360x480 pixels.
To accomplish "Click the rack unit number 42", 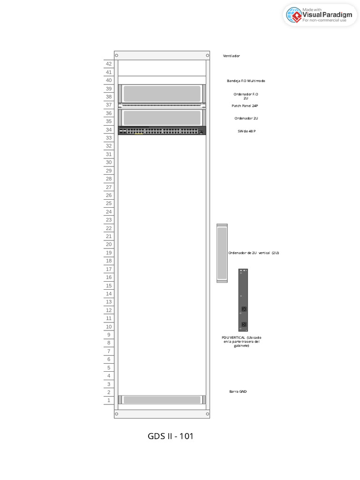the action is tap(109, 64).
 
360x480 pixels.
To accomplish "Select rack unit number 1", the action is tap(109, 400).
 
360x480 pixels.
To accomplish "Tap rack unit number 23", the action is tap(109, 220).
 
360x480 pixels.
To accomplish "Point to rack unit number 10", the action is tap(109, 327).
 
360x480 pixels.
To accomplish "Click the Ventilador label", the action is tap(231, 56).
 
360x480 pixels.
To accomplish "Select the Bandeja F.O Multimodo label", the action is tap(246, 81).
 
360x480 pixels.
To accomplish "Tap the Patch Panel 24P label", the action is tap(244, 106).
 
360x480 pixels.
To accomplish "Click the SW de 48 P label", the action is tap(247, 131).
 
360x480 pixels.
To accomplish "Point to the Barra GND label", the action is tap(238, 391).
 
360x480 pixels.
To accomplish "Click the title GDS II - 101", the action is tap(170, 436).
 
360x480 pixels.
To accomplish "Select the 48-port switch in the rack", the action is tap(162, 131).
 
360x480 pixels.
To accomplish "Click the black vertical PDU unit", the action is tap(243, 300).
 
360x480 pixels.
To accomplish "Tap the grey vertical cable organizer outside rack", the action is tap(222, 253).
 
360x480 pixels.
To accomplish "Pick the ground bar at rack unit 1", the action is tap(162, 400).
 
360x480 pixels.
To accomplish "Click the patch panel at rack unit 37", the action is tap(162, 105).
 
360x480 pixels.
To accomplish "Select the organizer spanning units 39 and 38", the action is tap(162, 93).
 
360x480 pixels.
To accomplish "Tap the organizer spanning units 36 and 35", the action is tap(162, 118).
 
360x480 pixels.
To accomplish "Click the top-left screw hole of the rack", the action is tap(117, 56).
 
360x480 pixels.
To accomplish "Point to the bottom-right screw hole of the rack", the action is tap(207, 414).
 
